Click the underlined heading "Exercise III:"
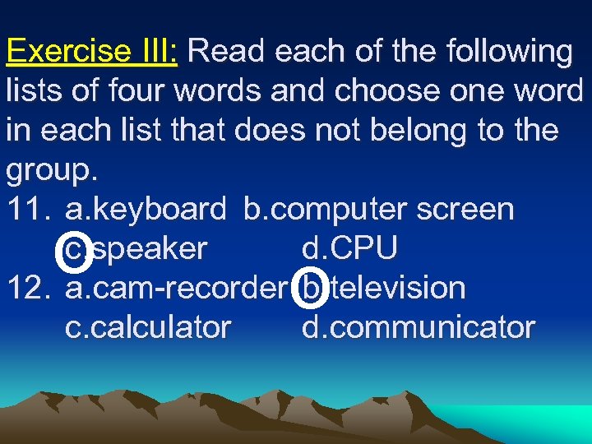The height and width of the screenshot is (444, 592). pyautogui.click(x=93, y=53)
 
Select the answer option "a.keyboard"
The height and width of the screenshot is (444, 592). pyautogui.click(x=145, y=210)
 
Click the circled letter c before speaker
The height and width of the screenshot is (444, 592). pyautogui.click(x=73, y=249)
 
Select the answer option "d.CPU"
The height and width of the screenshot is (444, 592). pyautogui.click(x=350, y=249)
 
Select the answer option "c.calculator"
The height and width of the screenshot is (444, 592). pyautogui.click(x=148, y=328)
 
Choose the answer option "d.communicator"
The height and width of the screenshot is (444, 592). pyautogui.click(x=418, y=328)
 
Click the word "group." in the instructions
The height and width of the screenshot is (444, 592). pyautogui.click(x=52, y=171)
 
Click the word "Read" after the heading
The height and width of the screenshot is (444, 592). pyautogui.click(x=228, y=53)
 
